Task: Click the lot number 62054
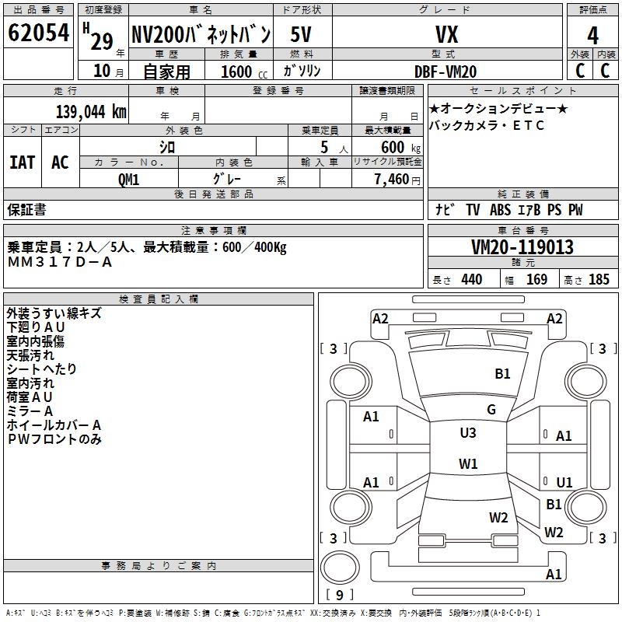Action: point(38,33)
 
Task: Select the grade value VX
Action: point(446,34)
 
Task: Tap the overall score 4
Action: point(592,36)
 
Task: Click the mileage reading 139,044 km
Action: point(91,112)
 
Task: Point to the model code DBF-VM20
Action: point(446,72)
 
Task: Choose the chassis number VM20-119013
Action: point(522,247)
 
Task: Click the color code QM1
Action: point(128,180)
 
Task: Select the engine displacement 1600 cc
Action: point(244,72)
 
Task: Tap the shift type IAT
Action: point(23,162)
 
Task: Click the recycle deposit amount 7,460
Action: point(392,180)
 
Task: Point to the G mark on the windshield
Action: point(491,410)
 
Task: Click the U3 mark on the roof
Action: point(468,433)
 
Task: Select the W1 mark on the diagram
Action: point(468,463)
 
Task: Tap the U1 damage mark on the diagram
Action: point(564,482)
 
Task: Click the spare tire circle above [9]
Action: point(340,568)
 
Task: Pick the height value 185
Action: point(599,280)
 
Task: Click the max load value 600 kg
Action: point(400,148)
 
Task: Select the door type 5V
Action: point(301,34)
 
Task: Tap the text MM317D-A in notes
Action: point(60,262)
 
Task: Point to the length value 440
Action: point(472,280)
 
